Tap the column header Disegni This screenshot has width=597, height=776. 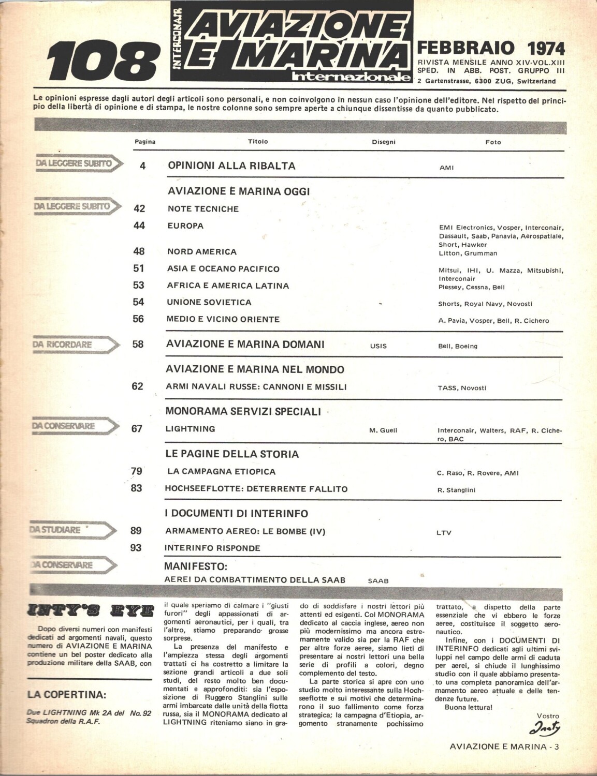[x=383, y=142]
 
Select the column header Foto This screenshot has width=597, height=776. [x=493, y=142]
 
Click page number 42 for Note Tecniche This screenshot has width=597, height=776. [x=139, y=208]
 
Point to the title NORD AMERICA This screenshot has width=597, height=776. [x=202, y=251]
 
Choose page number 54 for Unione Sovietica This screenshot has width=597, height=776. [x=138, y=302]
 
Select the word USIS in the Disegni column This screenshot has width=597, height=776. [x=378, y=346]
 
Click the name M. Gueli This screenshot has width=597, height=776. [x=383, y=430]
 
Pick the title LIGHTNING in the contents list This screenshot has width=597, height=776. [x=190, y=429]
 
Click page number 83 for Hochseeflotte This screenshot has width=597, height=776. [x=137, y=488]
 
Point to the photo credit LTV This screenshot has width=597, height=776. [x=444, y=532]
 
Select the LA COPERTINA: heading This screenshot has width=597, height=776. [x=67, y=694]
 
